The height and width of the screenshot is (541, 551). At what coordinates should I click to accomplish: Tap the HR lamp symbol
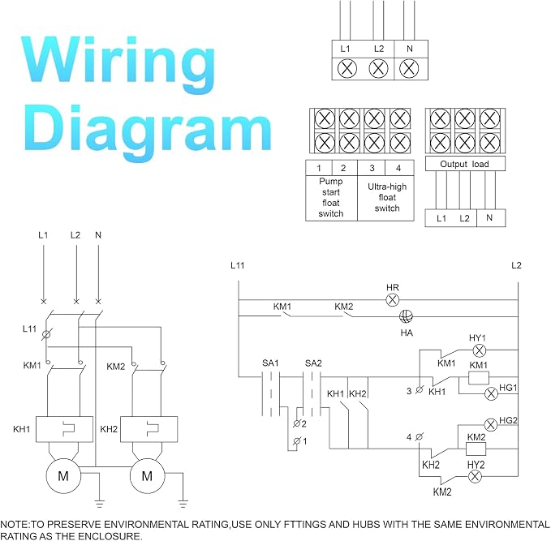click(393, 300)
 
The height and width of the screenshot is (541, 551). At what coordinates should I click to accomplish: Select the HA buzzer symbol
click(407, 316)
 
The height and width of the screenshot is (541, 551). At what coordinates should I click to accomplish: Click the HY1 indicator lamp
click(479, 350)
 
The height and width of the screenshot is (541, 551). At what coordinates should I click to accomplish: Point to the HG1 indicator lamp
click(491, 393)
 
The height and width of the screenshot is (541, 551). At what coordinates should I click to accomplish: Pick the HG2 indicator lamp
click(491, 425)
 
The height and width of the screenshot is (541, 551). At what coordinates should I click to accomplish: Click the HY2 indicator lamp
click(475, 477)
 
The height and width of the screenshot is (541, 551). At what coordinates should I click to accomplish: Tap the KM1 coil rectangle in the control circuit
click(479, 378)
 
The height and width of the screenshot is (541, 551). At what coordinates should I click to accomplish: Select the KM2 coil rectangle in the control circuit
click(476, 449)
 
